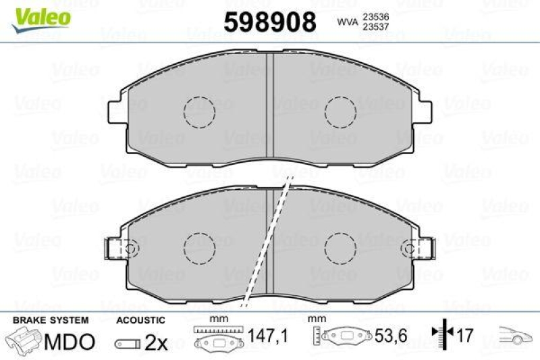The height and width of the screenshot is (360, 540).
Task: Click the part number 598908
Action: [269, 23]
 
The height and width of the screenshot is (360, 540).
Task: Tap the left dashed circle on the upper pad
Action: [199, 111]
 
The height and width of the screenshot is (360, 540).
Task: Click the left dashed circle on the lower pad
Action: [199, 247]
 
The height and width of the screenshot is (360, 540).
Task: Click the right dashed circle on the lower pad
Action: [340, 247]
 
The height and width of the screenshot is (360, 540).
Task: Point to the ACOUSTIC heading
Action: [140, 319]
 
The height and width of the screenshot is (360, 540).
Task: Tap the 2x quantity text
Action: [156, 342]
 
